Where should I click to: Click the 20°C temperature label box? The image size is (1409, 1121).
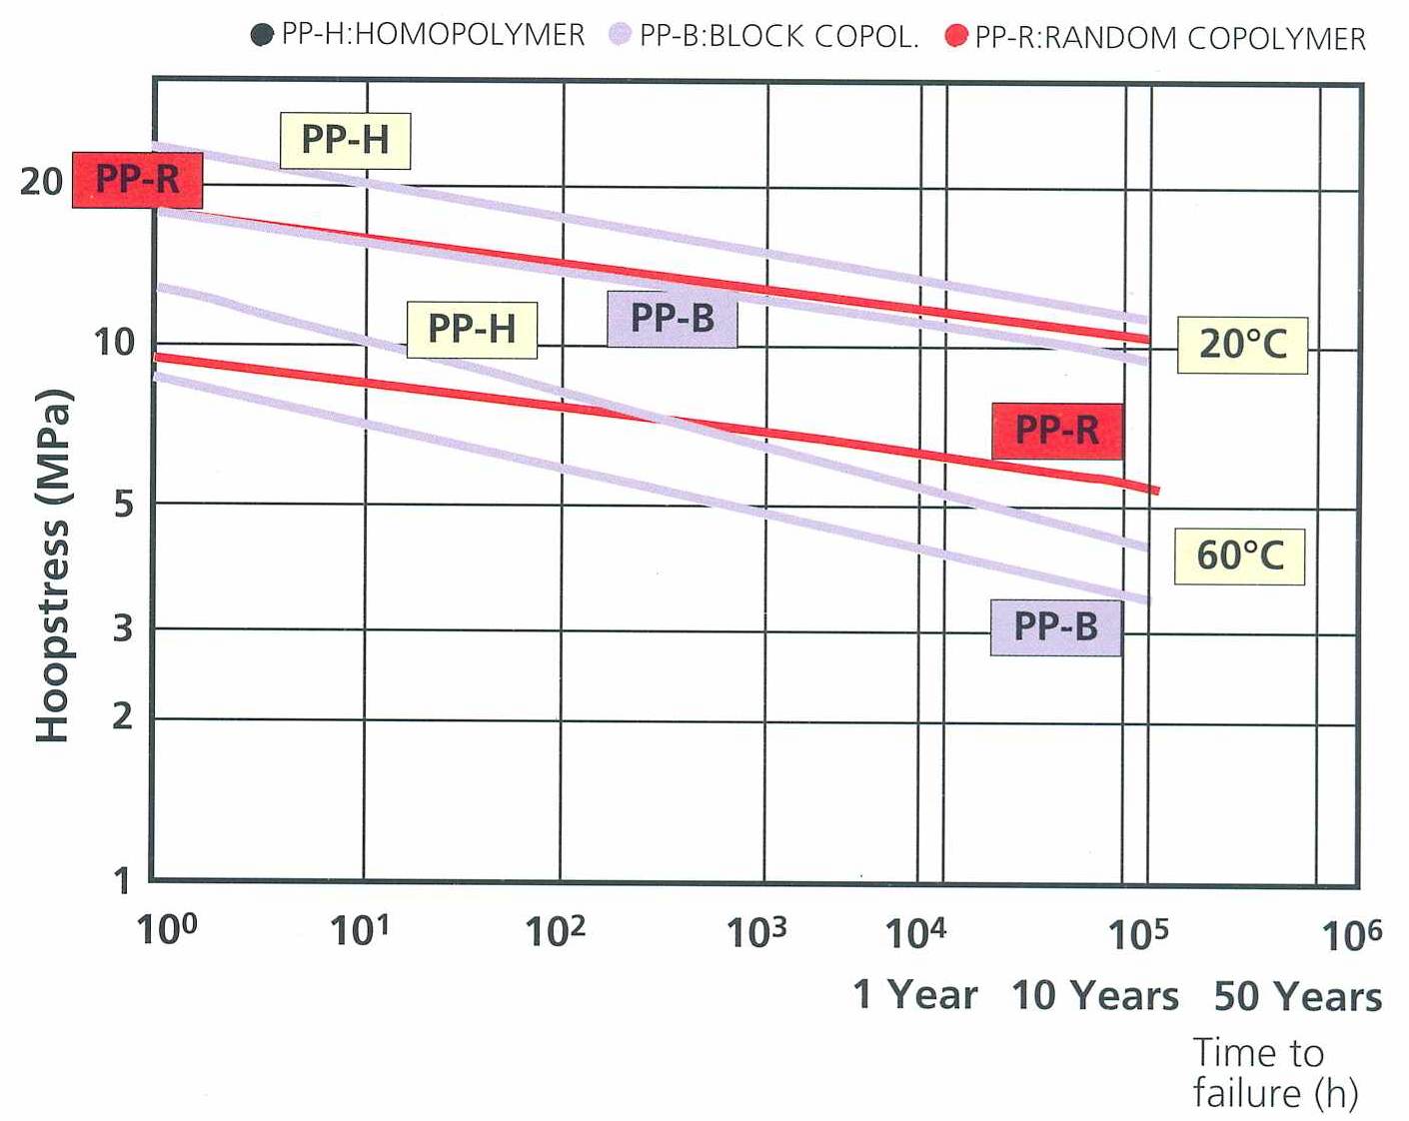(1242, 345)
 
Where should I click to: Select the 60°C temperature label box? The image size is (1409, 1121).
(1239, 556)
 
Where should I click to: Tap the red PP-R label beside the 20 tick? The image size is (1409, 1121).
(138, 180)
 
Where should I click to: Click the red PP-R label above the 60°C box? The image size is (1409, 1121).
(1057, 431)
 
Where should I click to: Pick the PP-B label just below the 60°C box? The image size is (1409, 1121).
(1056, 627)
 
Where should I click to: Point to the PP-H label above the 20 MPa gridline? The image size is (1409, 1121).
(345, 140)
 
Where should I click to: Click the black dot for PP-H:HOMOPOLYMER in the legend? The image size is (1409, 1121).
(262, 35)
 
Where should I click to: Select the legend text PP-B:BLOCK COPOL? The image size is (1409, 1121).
(778, 36)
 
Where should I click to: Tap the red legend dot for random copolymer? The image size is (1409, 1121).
(956, 37)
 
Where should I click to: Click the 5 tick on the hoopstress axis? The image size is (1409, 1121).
(123, 504)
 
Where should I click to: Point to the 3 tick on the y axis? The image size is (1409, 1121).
(123, 628)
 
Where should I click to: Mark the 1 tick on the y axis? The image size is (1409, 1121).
(122, 881)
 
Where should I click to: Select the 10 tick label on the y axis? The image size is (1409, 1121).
(114, 343)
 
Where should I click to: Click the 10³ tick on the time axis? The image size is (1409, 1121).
(756, 932)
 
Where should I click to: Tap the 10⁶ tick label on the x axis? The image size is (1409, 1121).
(1351, 935)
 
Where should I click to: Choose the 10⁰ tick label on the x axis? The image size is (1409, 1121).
(167, 929)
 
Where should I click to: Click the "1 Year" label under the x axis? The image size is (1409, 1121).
(915, 995)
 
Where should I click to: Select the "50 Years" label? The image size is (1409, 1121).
(1298, 997)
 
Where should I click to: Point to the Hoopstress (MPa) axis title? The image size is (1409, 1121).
(53, 564)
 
